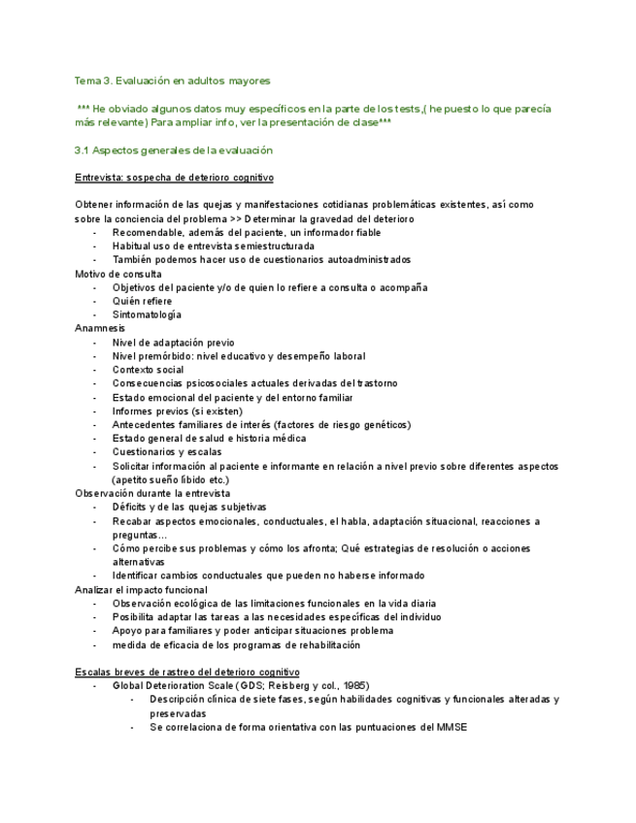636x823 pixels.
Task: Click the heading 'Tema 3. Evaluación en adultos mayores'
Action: (173, 81)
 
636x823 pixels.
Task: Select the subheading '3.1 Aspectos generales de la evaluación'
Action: (174, 150)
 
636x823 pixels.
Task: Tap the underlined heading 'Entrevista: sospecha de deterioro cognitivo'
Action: (174, 178)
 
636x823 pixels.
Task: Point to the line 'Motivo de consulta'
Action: (118, 274)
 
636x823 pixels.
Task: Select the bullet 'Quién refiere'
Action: (142, 301)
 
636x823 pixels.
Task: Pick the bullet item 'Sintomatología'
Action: (147, 314)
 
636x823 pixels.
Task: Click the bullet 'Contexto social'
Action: (148, 370)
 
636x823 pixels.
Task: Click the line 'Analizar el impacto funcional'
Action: (141, 589)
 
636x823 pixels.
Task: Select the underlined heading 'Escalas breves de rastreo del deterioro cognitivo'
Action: (187, 672)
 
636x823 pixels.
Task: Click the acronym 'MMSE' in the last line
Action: (452, 727)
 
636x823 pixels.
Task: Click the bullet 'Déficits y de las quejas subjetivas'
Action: (189, 507)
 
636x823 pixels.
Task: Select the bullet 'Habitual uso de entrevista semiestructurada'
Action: (213, 247)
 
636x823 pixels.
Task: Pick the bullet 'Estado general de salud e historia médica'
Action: (210, 438)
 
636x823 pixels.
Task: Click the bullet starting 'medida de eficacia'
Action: (236, 644)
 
